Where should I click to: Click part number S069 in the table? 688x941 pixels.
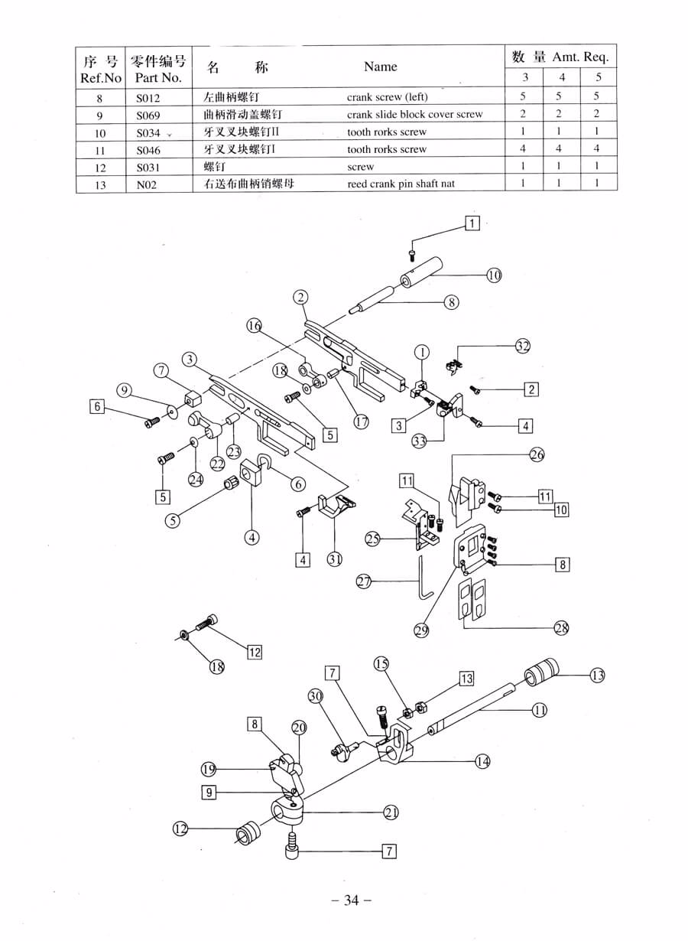coord(148,115)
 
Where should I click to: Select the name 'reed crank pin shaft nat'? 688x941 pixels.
coord(401,184)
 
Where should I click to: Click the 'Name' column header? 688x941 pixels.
coord(380,67)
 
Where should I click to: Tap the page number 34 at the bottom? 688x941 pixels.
coord(351,900)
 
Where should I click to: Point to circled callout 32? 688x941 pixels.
coord(522,346)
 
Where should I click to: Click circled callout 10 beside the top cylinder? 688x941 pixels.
coord(494,275)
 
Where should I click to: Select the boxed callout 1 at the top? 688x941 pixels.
coord(472,223)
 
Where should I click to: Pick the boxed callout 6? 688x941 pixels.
coord(96,407)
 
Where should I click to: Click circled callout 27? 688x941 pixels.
coord(364,581)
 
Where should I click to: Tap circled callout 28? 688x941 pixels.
coord(561,628)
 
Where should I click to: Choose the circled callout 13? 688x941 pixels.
coord(597,675)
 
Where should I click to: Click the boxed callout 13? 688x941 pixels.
coord(466,679)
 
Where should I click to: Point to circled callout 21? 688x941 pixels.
coord(391,812)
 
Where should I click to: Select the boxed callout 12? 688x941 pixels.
coord(254,652)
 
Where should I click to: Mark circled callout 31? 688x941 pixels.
coord(335,558)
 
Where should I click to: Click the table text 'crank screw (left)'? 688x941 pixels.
coord(387,97)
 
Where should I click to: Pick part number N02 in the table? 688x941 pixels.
coord(146,184)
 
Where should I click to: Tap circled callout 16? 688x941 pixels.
coord(254,326)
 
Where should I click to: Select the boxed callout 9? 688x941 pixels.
coord(209,793)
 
